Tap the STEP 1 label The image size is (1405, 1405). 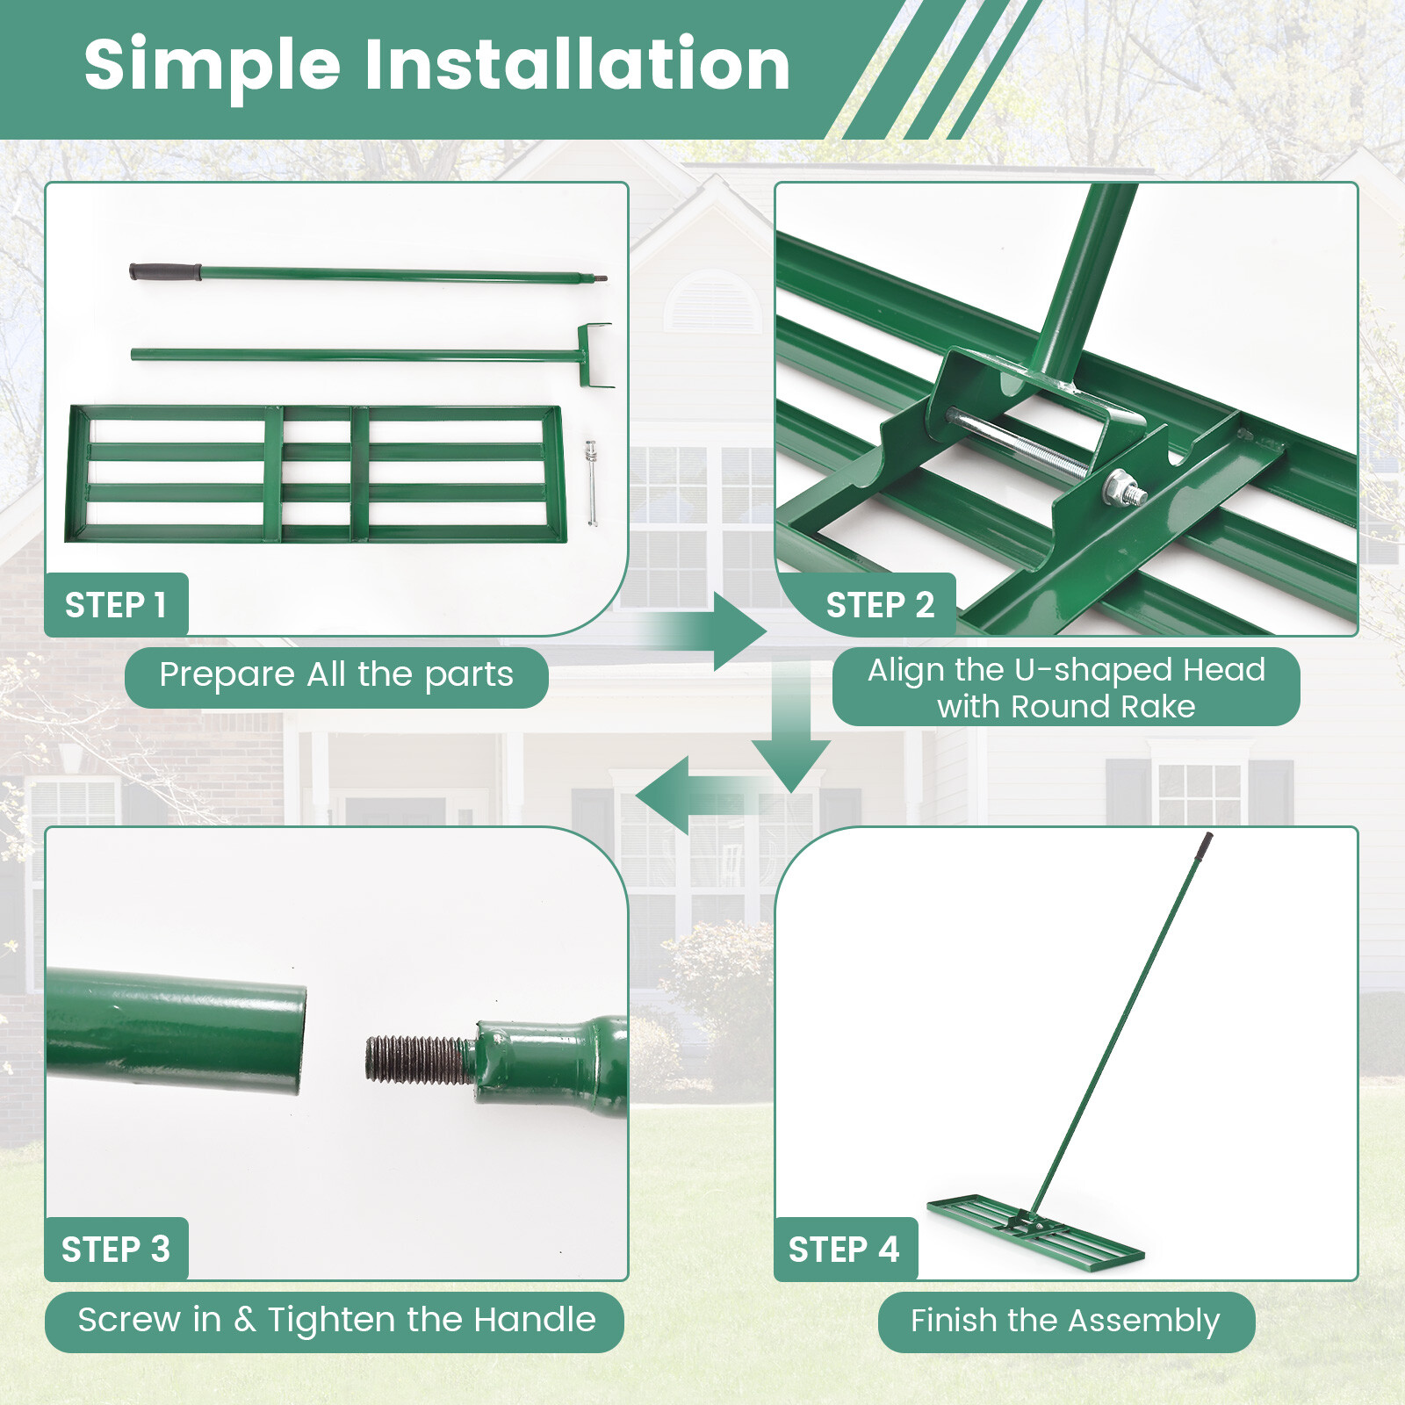(x=115, y=605)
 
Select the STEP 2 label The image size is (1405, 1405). (x=880, y=605)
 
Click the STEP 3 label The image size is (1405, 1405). (x=115, y=1249)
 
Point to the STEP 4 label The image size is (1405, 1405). (x=844, y=1249)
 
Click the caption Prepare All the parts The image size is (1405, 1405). (x=336, y=675)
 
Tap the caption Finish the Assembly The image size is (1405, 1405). (x=1065, y=1321)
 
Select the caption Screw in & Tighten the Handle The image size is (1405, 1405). (x=336, y=1320)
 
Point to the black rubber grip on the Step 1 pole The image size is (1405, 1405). (x=164, y=271)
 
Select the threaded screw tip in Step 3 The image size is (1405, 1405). (x=417, y=1059)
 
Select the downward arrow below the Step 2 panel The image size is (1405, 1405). (x=790, y=746)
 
